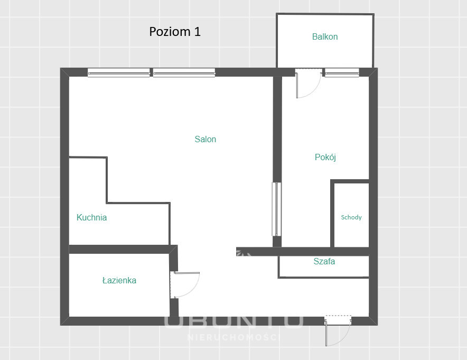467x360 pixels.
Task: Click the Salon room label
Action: [205, 139]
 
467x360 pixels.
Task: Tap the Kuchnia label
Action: [92, 217]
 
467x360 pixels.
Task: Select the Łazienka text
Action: [119, 280]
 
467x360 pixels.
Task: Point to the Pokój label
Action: [325, 157]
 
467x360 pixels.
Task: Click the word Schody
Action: [351, 217]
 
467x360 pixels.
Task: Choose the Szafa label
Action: [324, 261]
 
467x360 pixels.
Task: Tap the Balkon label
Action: [325, 36]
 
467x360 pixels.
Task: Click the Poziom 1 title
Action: [175, 32]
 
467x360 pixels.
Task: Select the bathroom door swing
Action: [185, 284]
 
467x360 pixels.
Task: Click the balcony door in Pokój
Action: [309, 84]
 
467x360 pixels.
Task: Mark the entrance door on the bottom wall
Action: [338, 330]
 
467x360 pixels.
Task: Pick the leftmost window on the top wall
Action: [119, 72]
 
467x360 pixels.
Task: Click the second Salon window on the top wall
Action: [184, 72]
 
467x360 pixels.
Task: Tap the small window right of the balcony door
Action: [342, 72]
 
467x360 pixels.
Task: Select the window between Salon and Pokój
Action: [277, 209]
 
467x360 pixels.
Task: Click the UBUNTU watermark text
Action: [234, 321]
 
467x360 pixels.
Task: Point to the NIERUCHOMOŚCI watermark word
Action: [234, 337]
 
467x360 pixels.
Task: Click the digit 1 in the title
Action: [197, 32]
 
